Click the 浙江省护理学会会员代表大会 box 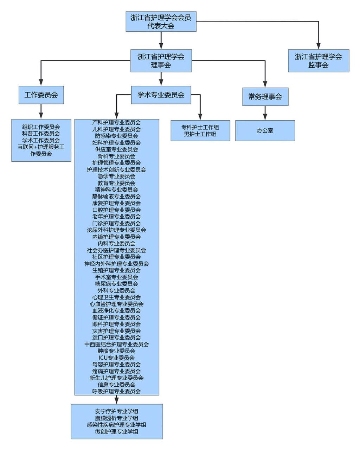tap(161, 21)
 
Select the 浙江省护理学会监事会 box tap(318, 60)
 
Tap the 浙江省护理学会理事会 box tap(161, 60)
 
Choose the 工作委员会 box tap(41, 95)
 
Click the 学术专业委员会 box tap(161, 95)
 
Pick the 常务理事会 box tap(265, 97)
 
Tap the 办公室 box tap(265, 130)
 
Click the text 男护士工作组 tap(200, 134)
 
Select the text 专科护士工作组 tap(200, 127)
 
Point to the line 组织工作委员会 tap(41, 127)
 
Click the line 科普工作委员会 tap(41, 134)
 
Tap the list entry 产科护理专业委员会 tap(116, 123)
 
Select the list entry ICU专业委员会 tap(116, 358)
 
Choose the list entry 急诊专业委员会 tap(116, 176)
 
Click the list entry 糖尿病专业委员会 tap(116, 284)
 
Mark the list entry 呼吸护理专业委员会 tap(116, 391)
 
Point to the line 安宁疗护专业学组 tap(116, 411)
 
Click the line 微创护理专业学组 tap(116, 431)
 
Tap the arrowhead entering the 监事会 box tap(318, 46)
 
